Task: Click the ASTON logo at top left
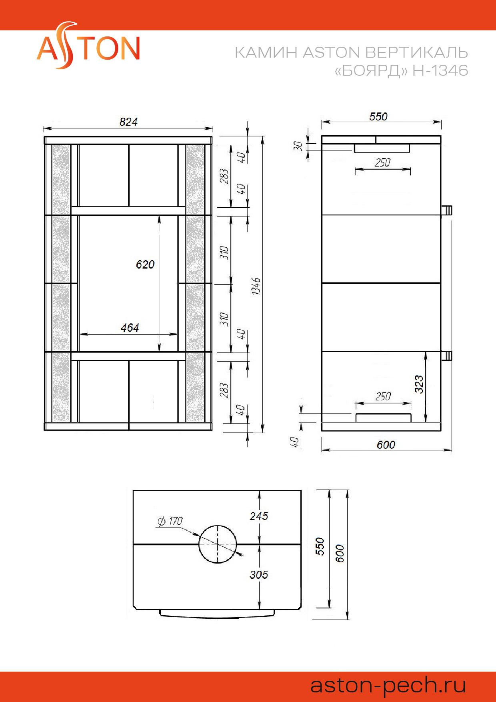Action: pyautogui.click(x=88, y=46)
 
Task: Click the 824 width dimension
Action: pyautogui.click(x=128, y=122)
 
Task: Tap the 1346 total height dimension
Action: pyautogui.click(x=256, y=286)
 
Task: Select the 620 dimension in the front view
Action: pyautogui.click(x=145, y=264)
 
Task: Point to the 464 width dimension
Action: pyautogui.click(x=130, y=328)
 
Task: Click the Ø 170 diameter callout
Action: pyautogui.click(x=170, y=521)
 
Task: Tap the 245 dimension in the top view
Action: pyautogui.click(x=258, y=516)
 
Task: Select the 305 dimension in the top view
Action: pyautogui.click(x=258, y=575)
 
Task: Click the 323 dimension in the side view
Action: pyautogui.click(x=419, y=384)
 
